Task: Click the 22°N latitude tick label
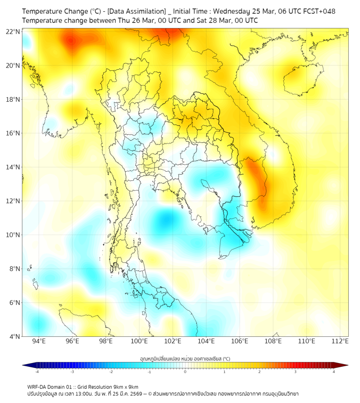click(13, 31)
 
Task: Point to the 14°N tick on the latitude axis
click(13, 167)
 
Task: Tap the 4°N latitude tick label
click(15, 336)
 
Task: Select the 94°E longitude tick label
click(39, 341)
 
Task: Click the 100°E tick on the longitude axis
click(140, 341)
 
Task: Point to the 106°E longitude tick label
click(240, 341)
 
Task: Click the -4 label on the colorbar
click(37, 372)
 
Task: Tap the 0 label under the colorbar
click(185, 372)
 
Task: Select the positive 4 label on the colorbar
click(334, 372)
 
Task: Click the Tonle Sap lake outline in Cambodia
click(209, 186)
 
